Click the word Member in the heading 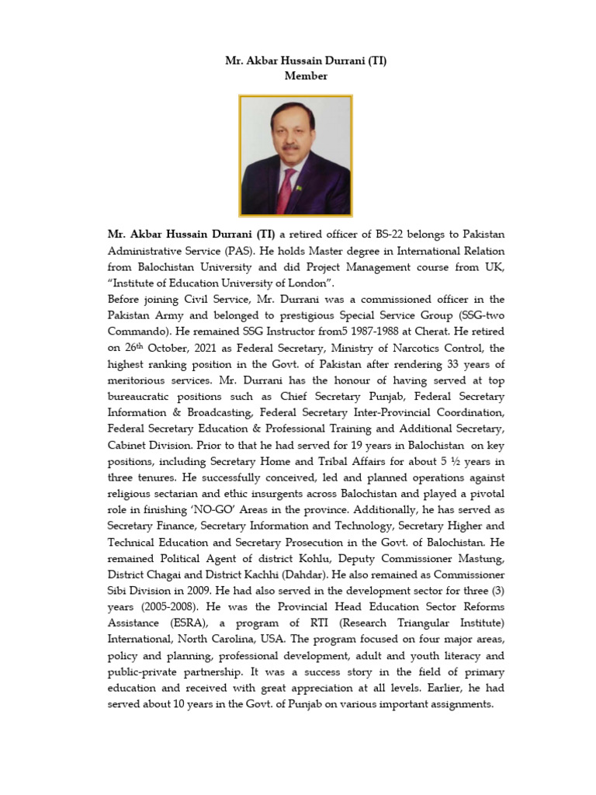[306, 76]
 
